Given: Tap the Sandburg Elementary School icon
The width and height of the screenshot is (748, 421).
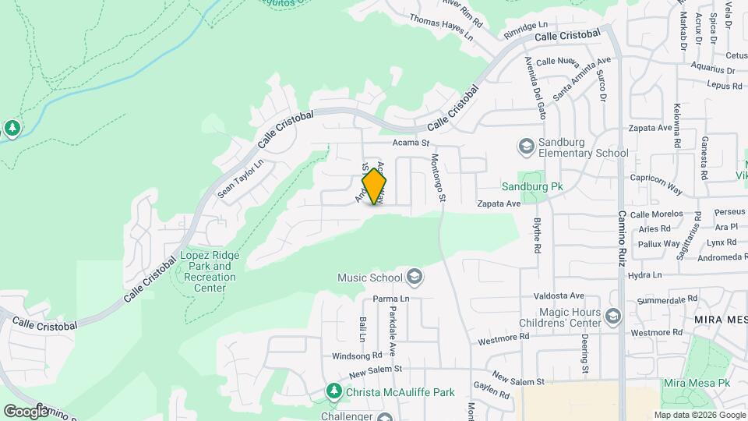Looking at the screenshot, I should [x=526, y=146].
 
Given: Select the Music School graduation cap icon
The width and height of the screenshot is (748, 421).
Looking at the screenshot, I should [x=414, y=277].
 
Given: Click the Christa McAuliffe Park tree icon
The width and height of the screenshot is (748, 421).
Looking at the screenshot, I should [x=334, y=390].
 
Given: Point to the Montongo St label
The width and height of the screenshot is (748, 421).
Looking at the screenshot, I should [x=439, y=178].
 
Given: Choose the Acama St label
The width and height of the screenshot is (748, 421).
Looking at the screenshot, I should [x=411, y=143].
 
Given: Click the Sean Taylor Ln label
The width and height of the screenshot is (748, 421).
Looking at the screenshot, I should [x=241, y=178].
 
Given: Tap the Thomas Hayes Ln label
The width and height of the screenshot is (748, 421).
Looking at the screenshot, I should [x=441, y=27].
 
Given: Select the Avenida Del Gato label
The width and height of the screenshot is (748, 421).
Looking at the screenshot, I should [x=535, y=87].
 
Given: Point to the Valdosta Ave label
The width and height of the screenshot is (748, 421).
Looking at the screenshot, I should [x=558, y=296].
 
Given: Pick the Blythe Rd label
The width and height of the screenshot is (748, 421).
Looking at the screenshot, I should [x=537, y=234].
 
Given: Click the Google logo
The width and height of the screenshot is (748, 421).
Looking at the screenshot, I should [x=26, y=411].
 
